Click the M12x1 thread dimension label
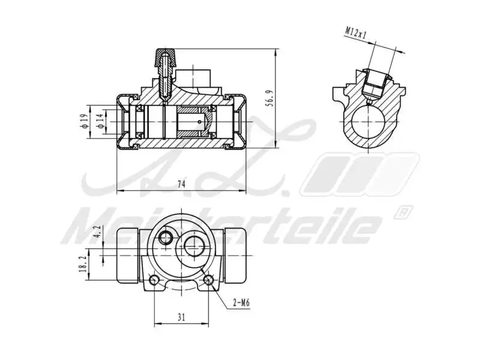pyautogui.click(x=356, y=32)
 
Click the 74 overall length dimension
pyautogui.click(x=181, y=185)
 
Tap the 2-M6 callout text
pyautogui.click(x=241, y=303)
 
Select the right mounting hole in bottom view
pyautogui.click(x=209, y=280)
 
